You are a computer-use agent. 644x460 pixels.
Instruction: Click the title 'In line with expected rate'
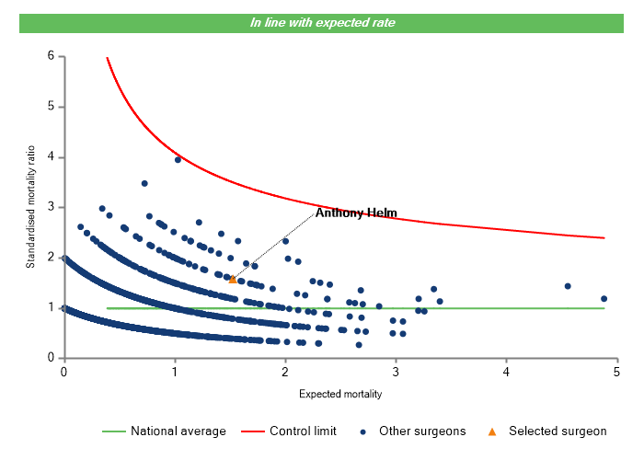click(323, 22)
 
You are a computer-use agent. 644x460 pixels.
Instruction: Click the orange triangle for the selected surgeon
click(233, 279)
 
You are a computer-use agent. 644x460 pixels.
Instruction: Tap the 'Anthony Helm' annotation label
click(356, 213)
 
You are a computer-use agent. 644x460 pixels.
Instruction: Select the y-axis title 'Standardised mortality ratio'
click(31, 207)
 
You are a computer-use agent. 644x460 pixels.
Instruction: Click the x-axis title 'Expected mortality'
click(340, 394)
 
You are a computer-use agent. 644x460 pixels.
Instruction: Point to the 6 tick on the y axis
click(51, 57)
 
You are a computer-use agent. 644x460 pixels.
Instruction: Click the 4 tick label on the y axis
click(51, 157)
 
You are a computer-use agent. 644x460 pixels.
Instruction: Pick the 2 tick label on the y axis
click(51, 258)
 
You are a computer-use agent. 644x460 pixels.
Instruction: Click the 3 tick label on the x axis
click(397, 372)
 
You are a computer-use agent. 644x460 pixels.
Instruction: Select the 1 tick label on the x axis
click(175, 372)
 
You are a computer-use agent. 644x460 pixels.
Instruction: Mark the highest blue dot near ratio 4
click(178, 159)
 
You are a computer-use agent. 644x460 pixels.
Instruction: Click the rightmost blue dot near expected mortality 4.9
click(604, 298)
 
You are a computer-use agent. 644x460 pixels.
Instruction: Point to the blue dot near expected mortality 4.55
click(568, 286)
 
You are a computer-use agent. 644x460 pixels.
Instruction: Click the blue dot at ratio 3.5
click(144, 183)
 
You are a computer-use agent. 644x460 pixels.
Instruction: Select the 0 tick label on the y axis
click(51, 358)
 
